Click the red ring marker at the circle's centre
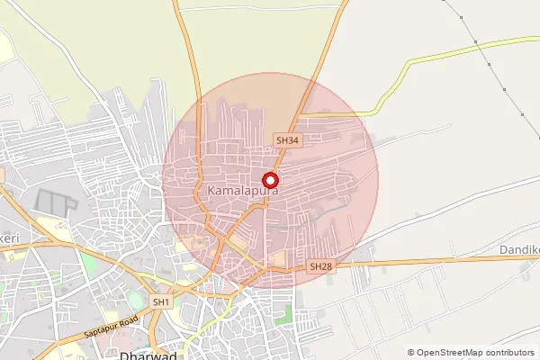coord(269,180)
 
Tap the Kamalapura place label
coord(242,192)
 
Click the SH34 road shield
coord(287,140)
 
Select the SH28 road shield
coord(320,266)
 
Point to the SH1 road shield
coord(161,302)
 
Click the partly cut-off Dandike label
coord(519,247)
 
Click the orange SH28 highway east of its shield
coord(432,263)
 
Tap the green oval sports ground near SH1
coord(135,298)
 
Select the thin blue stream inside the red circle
coord(333,212)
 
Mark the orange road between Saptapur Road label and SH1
coord(135,315)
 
